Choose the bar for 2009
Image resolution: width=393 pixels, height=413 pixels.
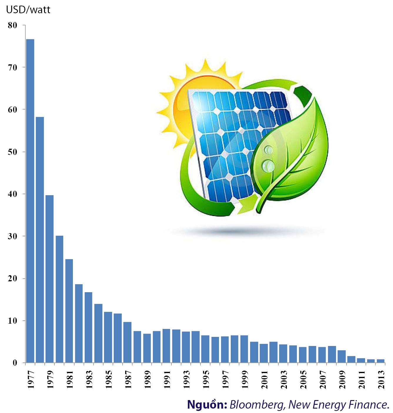342,356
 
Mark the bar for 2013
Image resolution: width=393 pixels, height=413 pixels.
381,361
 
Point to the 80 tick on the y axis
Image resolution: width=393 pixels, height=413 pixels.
13,25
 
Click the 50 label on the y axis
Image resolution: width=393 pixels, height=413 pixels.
13,152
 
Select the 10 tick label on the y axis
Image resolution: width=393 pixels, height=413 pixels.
13,321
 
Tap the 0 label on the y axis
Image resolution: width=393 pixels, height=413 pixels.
15,363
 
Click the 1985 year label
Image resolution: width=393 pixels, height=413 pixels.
109,379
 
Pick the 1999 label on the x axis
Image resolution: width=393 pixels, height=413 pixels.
245,379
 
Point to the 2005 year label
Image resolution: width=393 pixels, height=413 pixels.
303,379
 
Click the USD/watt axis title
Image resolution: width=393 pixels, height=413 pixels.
28,10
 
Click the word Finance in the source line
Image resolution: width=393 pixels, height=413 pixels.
372,404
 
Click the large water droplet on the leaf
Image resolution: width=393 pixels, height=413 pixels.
268,166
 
